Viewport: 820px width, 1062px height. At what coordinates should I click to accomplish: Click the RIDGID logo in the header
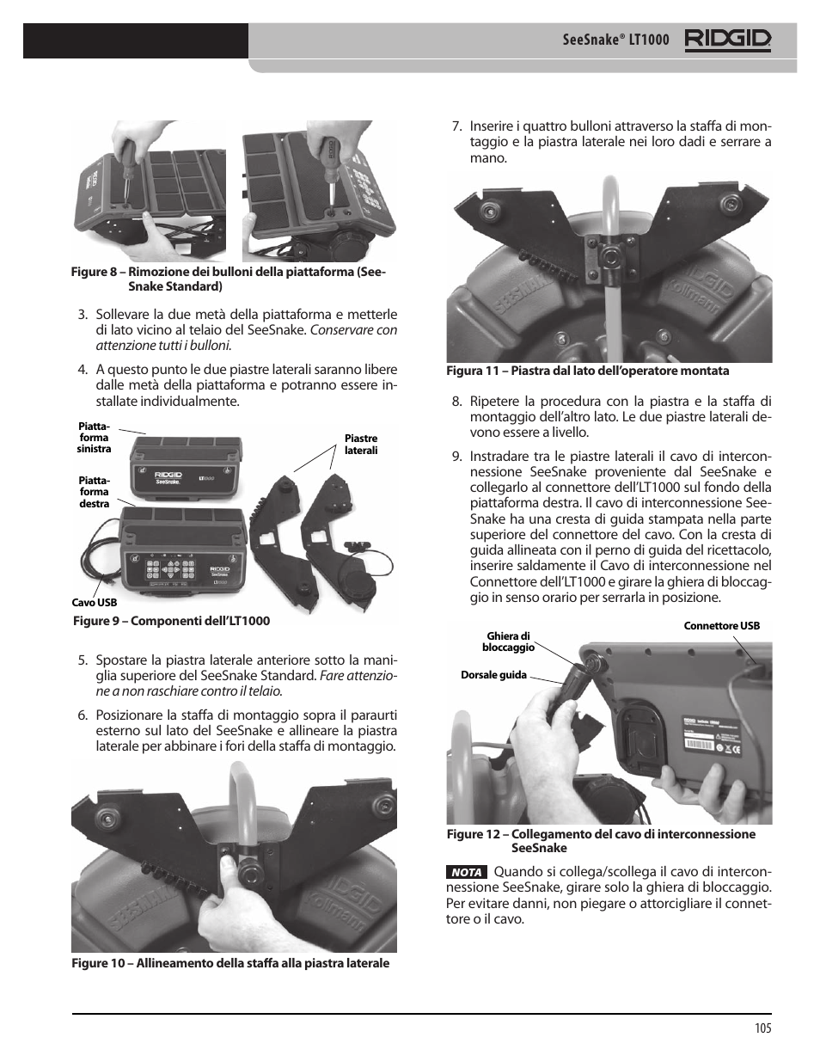727,40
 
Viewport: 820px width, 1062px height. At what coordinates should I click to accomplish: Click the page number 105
762,1028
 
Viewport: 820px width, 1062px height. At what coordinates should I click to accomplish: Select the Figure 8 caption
229,279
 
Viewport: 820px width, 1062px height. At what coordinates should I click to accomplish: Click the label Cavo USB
95,603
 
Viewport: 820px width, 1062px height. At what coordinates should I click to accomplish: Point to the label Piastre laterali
360,445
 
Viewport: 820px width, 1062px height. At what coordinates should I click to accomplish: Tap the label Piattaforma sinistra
94,437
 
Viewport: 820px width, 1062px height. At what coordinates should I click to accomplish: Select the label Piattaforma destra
95,492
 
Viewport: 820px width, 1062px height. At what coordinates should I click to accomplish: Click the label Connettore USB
721,626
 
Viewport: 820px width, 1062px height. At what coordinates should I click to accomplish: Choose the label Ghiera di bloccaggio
508,641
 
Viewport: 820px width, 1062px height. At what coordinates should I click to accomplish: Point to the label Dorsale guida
493,675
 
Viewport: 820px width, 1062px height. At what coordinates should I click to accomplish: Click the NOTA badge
467,872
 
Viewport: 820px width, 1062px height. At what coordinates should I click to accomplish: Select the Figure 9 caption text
171,621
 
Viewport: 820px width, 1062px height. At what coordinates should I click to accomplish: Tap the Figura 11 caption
587,371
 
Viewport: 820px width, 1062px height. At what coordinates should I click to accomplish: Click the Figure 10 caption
229,963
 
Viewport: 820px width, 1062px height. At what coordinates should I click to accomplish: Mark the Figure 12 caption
600,840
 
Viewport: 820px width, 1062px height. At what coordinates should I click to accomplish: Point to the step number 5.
83,660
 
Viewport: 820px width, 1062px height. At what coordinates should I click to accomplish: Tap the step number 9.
456,457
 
